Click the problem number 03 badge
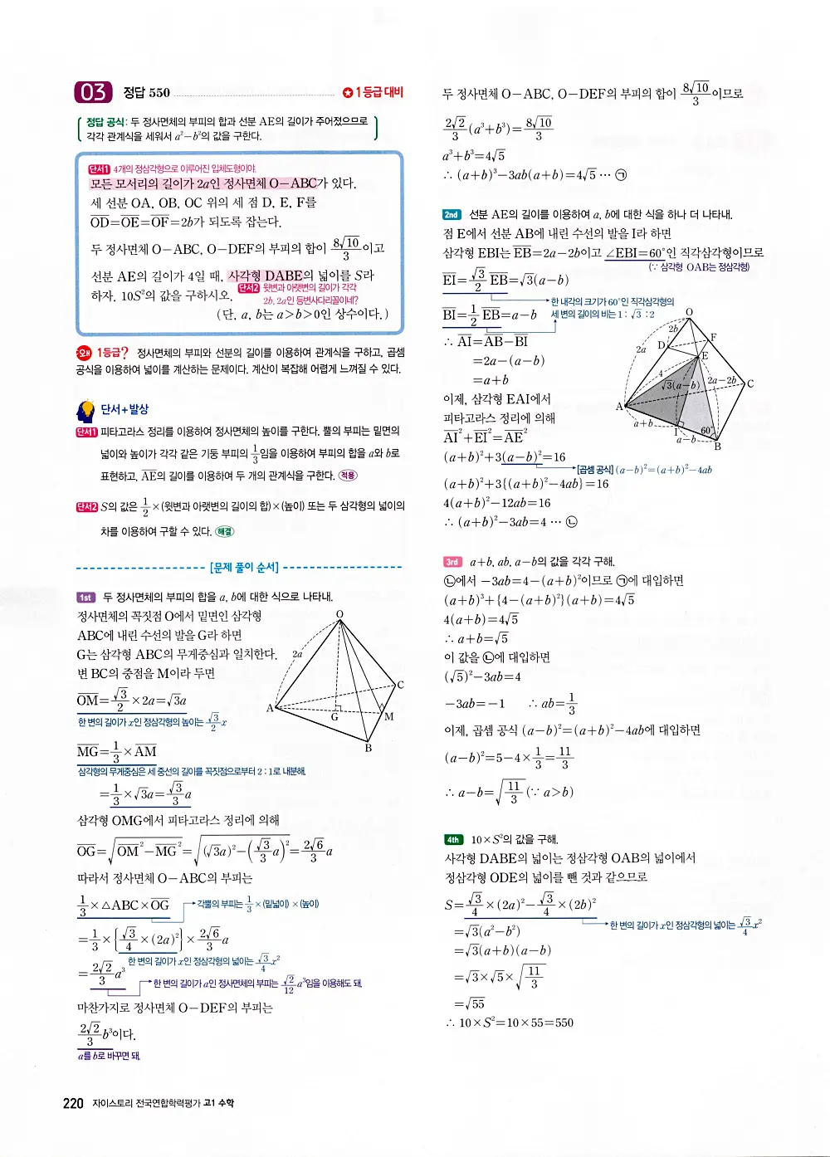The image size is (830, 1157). point(92,92)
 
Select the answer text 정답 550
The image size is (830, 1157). point(146,93)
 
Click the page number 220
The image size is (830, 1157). point(73,1103)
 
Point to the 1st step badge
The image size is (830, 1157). point(86,597)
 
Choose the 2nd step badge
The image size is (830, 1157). point(452,214)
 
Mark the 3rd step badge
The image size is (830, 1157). point(452,561)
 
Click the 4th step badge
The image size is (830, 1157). point(453,839)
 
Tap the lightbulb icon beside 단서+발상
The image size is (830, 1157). point(85,410)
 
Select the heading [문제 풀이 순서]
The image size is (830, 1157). point(244,568)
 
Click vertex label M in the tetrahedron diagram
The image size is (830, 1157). point(388,716)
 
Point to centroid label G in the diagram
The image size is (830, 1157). point(334,716)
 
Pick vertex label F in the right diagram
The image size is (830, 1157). point(713,337)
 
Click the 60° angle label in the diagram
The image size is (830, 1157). point(707,431)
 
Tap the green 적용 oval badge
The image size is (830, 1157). point(348,476)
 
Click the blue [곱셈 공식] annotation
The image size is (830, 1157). point(595,469)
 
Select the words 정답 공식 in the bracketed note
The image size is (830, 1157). point(105,121)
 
